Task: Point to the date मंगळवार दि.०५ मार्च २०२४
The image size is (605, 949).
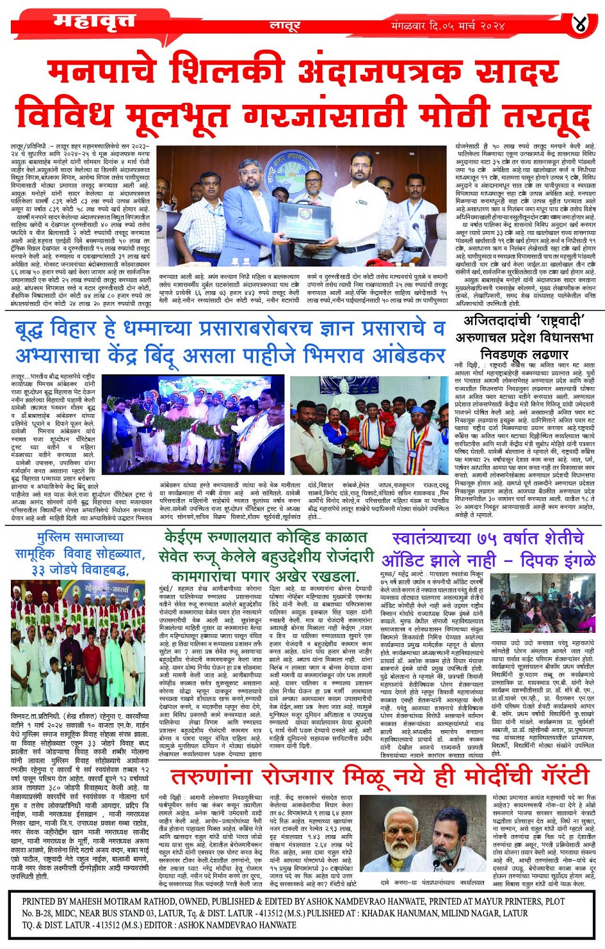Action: (448, 26)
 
